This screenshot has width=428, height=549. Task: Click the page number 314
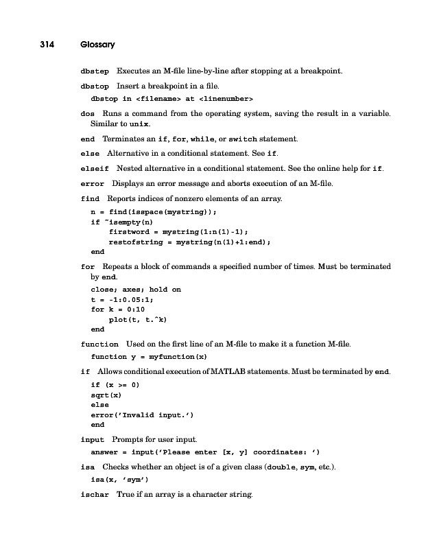tap(46, 45)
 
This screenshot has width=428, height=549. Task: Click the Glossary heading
tap(97, 45)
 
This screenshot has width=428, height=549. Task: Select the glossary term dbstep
tap(95, 71)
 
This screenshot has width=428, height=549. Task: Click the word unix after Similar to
tap(140, 125)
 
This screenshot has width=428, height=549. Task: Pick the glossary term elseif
tap(96, 169)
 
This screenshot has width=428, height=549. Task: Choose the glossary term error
tap(93, 184)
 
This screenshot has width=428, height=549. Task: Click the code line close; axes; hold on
tap(136, 290)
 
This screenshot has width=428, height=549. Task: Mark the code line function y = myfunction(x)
tap(150, 357)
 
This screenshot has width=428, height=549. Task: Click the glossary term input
tap(93, 439)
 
